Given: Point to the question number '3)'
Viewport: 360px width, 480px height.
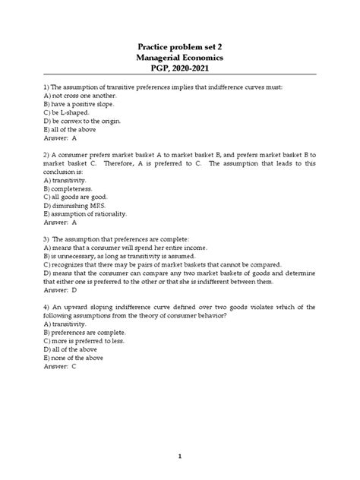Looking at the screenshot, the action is click(x=47, y=240).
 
